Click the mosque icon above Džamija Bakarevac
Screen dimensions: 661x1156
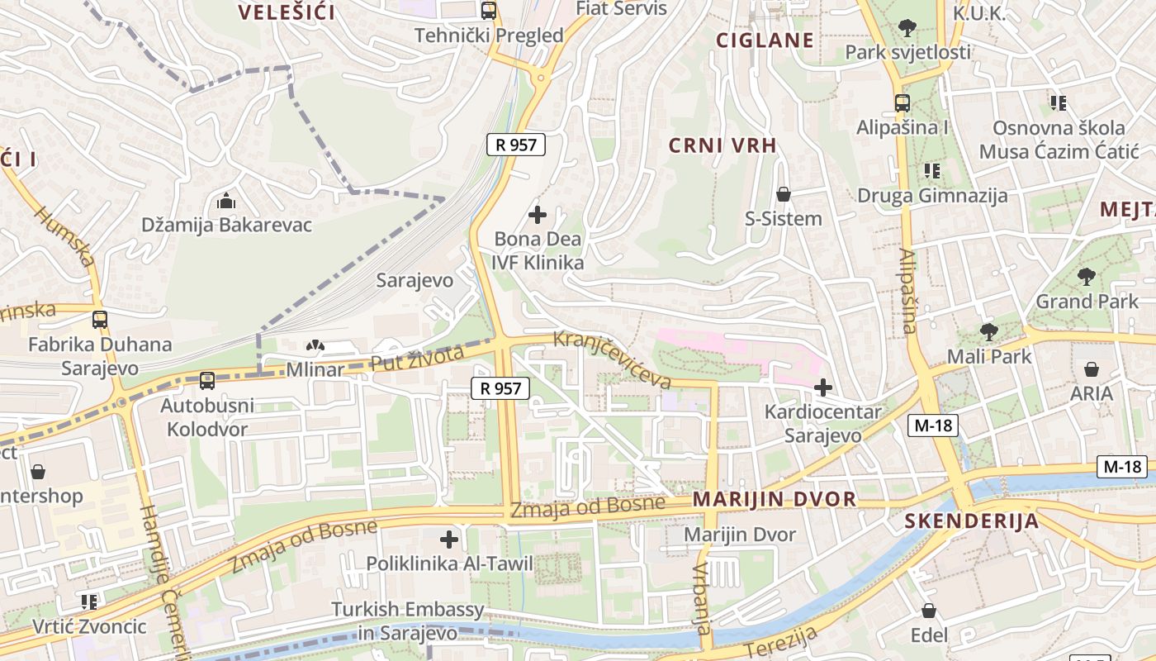(225, 201)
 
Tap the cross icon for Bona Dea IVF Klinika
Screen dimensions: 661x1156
(538, 215)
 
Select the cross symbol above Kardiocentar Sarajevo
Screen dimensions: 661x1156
(823, 387)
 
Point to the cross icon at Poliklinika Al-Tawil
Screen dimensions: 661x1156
(449, 540)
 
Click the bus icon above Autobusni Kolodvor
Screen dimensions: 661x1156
(207, 381)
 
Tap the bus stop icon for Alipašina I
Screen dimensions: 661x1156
(903, 103)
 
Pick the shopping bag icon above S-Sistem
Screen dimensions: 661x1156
(784, 194)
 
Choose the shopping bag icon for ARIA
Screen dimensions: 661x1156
(1092, 369)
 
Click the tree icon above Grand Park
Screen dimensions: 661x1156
(1087, 277)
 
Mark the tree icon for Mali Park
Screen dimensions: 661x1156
(988, 332)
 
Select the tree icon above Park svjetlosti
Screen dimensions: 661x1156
(907, 28)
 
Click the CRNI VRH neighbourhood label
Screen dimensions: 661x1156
(722, 146)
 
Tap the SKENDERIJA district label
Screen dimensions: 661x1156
(971, 521)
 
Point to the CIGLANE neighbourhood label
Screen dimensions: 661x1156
(765, 40)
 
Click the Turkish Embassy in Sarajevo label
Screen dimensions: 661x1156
(408, 621)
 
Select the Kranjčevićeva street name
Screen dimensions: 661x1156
(613, 359)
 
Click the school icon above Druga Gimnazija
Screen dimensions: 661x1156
(932, 171)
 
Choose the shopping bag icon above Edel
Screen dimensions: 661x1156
(929, 611)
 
